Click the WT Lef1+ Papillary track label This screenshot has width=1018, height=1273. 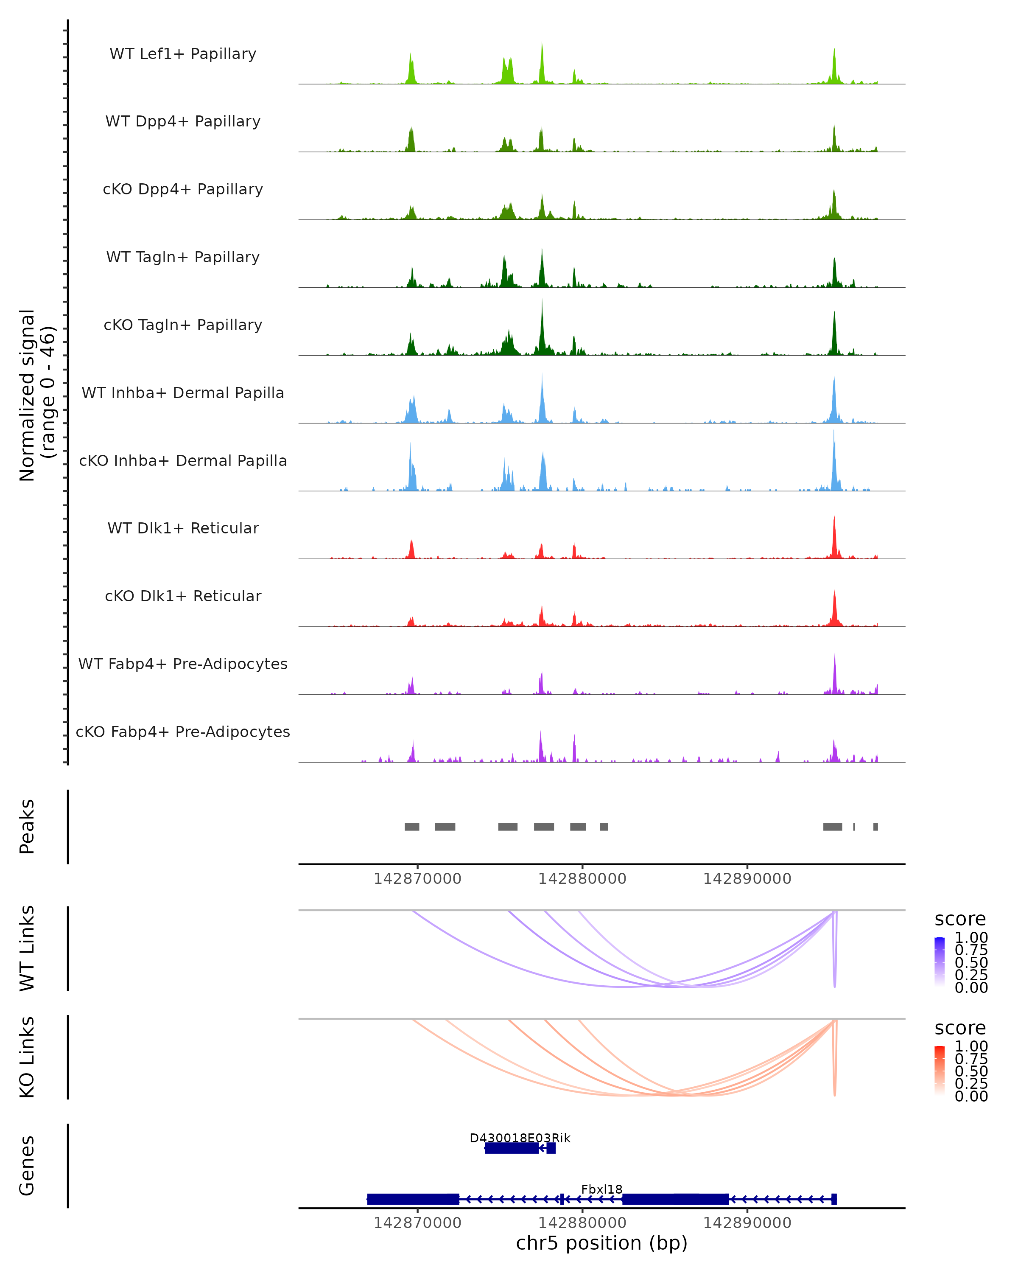183,54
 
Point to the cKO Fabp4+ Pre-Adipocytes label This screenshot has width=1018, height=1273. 183,732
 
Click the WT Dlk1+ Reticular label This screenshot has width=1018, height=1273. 183,528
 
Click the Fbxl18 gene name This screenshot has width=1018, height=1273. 601,1189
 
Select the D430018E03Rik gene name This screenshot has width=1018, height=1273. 520,1138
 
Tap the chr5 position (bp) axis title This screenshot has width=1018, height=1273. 601,1243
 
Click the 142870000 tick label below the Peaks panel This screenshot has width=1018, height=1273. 417,879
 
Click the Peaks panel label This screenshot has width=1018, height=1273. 27,826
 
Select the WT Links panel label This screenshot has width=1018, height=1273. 27,948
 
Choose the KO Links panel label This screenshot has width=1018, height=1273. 27,1057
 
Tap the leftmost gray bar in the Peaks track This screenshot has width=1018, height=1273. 412,827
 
